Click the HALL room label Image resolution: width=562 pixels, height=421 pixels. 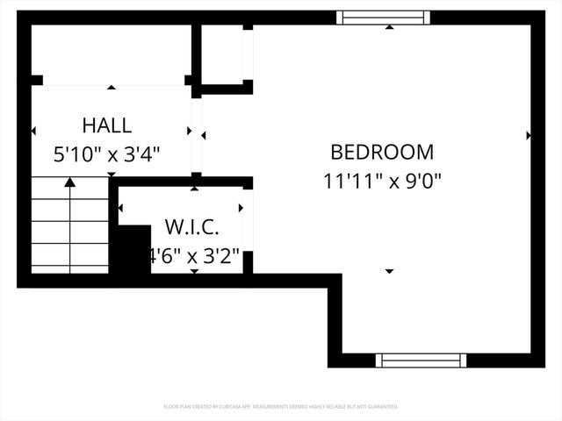(107, 125)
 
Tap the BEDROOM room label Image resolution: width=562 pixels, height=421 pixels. (382, 152)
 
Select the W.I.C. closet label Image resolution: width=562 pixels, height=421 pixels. (192, 228)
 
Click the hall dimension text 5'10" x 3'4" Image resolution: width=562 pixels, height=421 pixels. (107, 155)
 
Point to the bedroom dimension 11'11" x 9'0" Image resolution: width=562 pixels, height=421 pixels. (382, 182)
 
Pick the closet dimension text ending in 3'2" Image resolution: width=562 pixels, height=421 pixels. (194, 257)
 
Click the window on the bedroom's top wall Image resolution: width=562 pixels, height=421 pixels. (384, 17)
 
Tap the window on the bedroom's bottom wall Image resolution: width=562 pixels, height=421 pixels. (421, 360)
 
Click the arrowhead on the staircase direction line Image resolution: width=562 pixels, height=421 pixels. (70, 182)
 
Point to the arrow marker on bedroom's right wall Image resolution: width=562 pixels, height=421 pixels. (529, 135)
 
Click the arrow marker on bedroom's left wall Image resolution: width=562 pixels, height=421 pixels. (204, 135)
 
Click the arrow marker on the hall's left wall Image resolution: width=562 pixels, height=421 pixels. (33, 131)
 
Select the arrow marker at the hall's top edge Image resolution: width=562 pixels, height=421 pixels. (112, 88)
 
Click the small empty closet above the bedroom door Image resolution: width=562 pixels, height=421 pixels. (222, 54)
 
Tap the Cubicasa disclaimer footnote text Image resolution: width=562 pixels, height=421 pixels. (281, 407)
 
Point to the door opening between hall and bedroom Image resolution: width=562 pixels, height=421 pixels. (197, 136)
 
